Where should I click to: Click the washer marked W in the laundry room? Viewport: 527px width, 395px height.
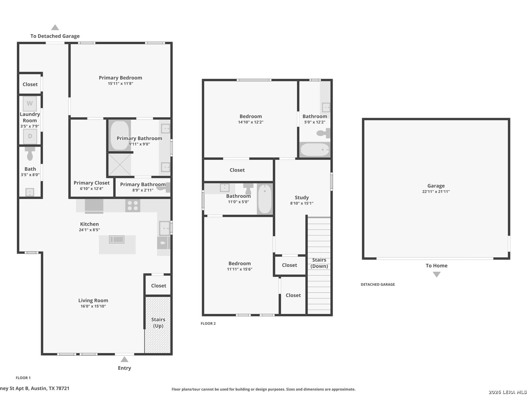(30, 104)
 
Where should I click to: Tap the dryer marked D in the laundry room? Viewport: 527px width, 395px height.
(30, 136)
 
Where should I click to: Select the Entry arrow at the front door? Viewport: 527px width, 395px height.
(124, 359)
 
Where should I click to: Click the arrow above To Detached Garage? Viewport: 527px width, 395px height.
(55, 27)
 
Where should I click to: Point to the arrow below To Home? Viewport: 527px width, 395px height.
(436, 274)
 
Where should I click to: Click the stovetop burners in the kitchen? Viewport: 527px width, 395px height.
(132, 206)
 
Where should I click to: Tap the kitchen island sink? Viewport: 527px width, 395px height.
(117, 240)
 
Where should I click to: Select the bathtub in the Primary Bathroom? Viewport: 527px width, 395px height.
(120, 135)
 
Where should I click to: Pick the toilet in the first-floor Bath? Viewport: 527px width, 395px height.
(30, 154)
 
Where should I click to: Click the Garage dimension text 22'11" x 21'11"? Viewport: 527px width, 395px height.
(436, 192)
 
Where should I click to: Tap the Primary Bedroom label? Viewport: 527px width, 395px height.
(120, 78)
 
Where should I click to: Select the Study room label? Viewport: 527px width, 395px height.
(302, 197)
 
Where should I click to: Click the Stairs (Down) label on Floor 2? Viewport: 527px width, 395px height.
(319, 263)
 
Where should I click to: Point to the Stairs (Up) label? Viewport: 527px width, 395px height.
(158, 323)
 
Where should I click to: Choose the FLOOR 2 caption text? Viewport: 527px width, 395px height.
(208, 323)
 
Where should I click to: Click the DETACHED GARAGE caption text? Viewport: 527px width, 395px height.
(378, 285)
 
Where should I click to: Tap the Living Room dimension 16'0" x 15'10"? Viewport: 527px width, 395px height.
(93, 306)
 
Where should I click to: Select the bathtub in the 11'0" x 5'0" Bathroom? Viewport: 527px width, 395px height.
(265, 199)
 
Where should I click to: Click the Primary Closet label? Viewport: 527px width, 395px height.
(91, 183)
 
